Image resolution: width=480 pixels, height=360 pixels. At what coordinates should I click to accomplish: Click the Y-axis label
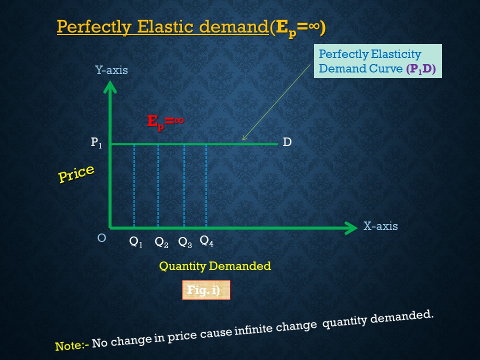tap(111, 70)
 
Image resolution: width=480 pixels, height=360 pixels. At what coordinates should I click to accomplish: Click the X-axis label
tap(380, 226)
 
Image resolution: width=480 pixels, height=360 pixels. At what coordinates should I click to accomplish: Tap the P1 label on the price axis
tap(96, 143)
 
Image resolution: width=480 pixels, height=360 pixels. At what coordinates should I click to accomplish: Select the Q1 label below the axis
tap(136, 242)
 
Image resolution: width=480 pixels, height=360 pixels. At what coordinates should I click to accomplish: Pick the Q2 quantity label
tap(161, 242)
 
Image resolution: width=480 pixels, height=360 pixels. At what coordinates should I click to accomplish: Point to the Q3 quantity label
tap(185, 242)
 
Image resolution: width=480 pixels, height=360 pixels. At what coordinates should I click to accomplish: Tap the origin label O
tap(101, 238)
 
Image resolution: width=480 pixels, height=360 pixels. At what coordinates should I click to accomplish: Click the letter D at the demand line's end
tap(287, 142)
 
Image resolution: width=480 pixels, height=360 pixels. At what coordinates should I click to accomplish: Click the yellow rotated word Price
tap(76, 173)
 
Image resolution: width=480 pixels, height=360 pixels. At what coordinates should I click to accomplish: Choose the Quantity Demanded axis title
tap(215, 266)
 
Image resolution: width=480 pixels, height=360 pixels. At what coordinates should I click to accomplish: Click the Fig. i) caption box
tap(205, 290)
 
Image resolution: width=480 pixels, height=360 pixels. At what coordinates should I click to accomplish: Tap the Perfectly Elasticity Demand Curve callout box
tap(377, 61)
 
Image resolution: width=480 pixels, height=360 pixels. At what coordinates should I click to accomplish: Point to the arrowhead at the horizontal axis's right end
tap(352, 228)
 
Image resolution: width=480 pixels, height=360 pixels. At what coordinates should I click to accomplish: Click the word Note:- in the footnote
tap(72, 345)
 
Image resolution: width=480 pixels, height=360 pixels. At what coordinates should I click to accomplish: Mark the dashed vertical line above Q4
tap(206, 185)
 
